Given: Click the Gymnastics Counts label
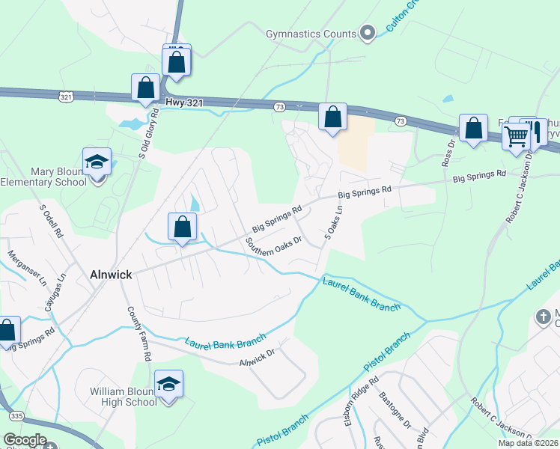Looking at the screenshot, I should point(311,34).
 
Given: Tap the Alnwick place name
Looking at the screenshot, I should point(111,275).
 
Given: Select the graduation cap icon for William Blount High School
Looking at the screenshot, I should point(169,385).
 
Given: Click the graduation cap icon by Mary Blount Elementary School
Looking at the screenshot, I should point(97,162).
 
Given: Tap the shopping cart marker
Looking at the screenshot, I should point(517,135).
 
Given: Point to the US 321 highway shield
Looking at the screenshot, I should point(66,97).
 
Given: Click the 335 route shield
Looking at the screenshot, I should point(14,415).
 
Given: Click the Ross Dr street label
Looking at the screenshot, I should point(448,153).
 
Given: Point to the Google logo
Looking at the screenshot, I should point(24,440).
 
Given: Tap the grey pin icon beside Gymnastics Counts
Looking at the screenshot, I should point(367,33).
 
